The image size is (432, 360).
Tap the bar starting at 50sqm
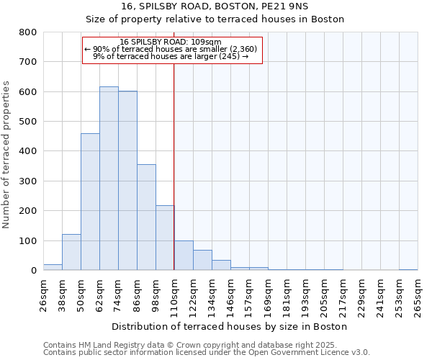90,202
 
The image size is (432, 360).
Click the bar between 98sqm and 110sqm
165,238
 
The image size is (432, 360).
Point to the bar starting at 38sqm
71,252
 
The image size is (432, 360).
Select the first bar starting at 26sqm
53,267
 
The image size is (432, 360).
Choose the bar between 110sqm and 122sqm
184,256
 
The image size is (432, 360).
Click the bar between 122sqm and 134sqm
202,260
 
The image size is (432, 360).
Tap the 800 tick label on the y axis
27,32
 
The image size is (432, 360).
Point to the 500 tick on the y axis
27,122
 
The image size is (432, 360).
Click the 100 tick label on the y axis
27,240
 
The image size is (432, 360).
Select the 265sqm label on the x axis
418,296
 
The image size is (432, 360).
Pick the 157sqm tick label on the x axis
249,296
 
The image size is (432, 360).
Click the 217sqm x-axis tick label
343,296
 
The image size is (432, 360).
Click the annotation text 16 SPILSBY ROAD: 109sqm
171,42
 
